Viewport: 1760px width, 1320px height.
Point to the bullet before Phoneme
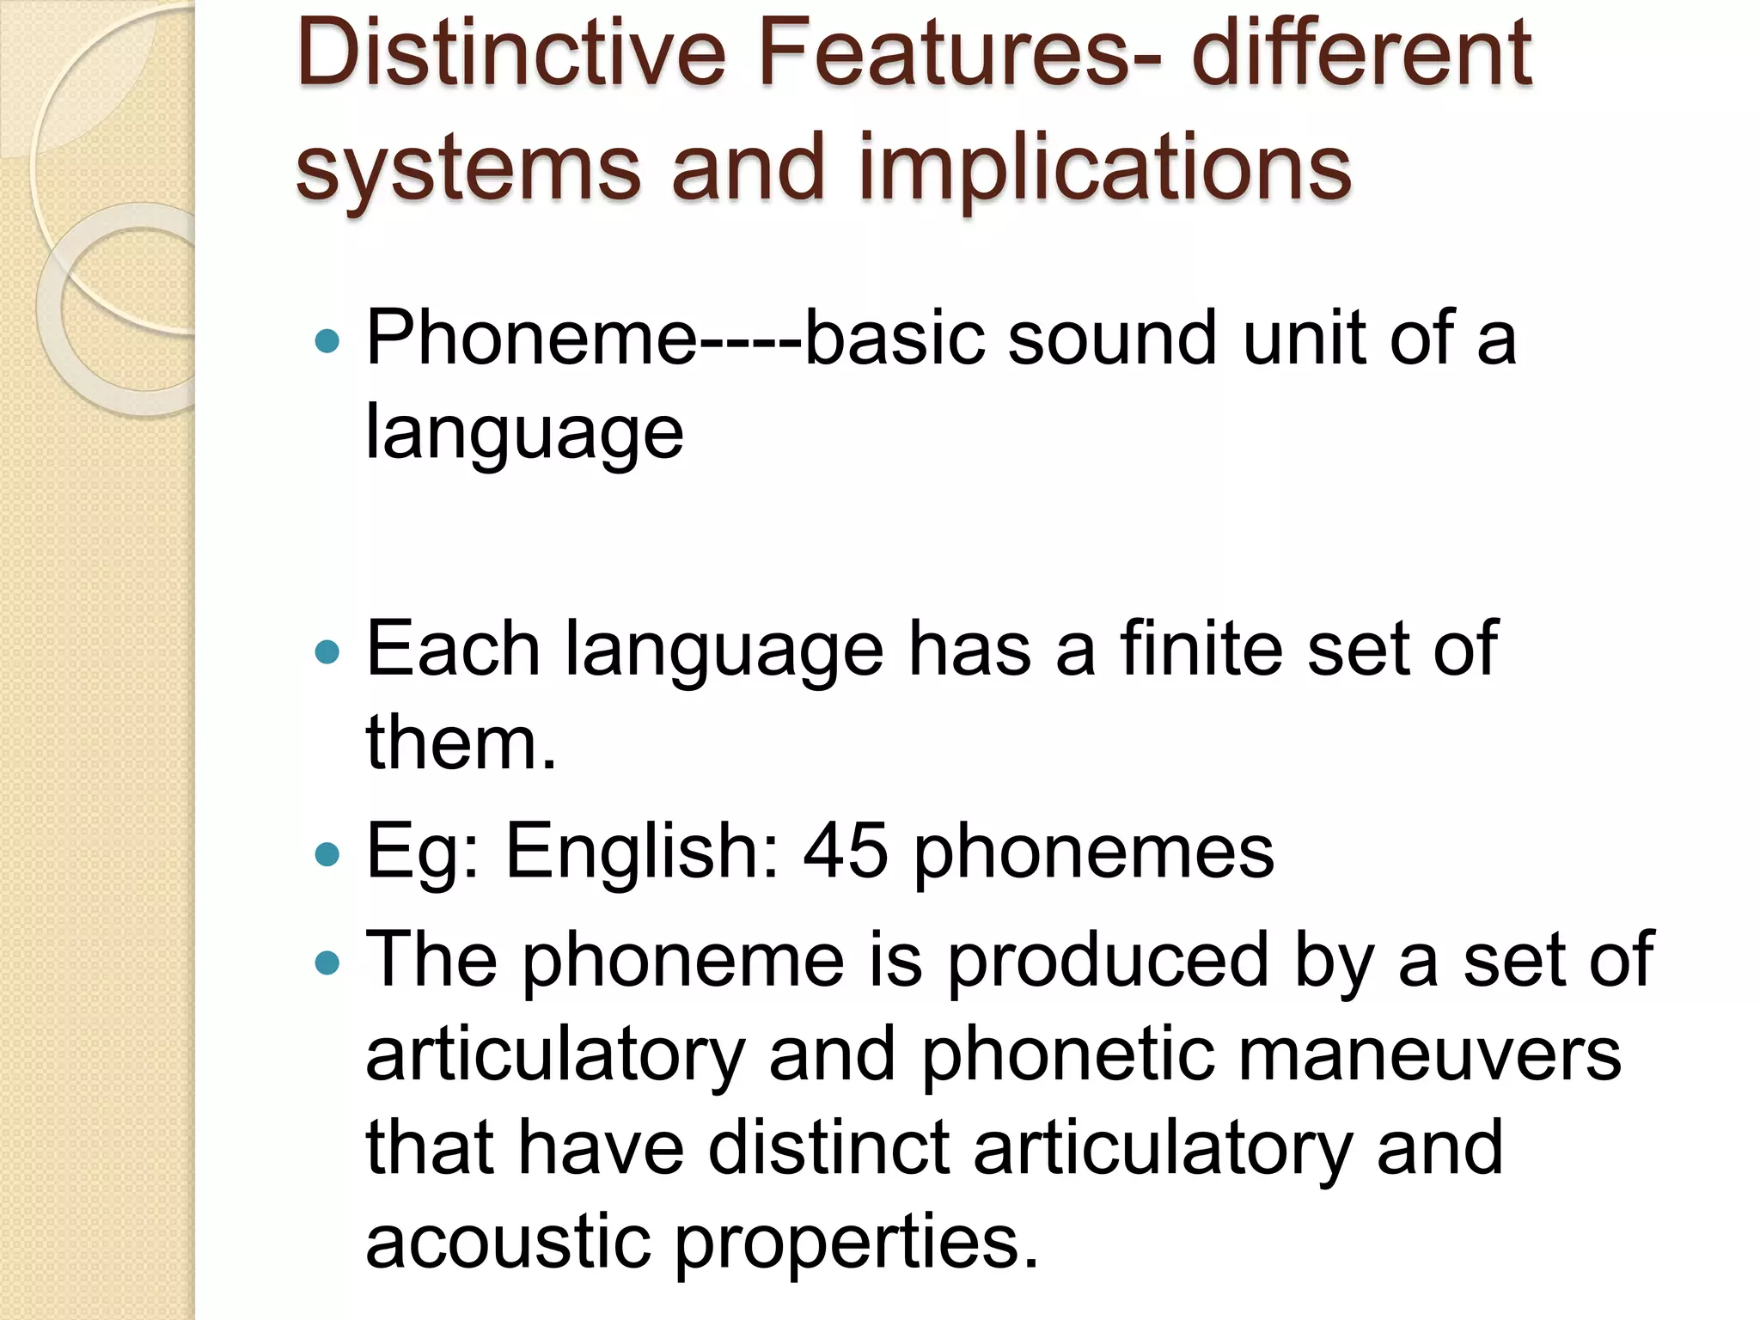pos(327,342)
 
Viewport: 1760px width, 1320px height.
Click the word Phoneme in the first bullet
pos(531,339)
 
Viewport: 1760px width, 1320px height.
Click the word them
pos(461,742)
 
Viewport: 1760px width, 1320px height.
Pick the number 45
pos(846,852)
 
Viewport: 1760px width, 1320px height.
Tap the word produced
pos(1108,962)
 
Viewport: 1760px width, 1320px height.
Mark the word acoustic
pos(508,1242)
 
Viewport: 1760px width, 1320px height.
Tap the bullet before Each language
pos(327,652)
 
